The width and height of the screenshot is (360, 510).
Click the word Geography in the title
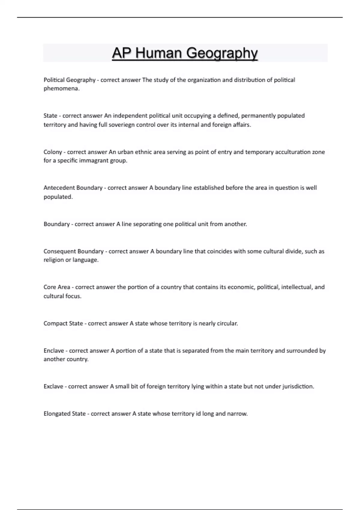pyautogui.click(x=222, y=53)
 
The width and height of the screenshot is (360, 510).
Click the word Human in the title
pyautogui.click(x=159, y=53)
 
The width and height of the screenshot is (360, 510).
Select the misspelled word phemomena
pyautogui.click(x=61, y=89)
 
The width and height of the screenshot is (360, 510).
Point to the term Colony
pyautogui.click(x=53, y=152)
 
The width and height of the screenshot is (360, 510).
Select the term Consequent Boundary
pyautogui.click(x=73, y=251)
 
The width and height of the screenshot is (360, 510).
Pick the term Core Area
pyautogui.click(x=57, y=287)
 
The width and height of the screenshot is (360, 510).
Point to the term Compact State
pyautogui.click(x=63, y=323)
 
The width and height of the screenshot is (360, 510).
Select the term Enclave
pyautogui.click(x=54, y=351)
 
